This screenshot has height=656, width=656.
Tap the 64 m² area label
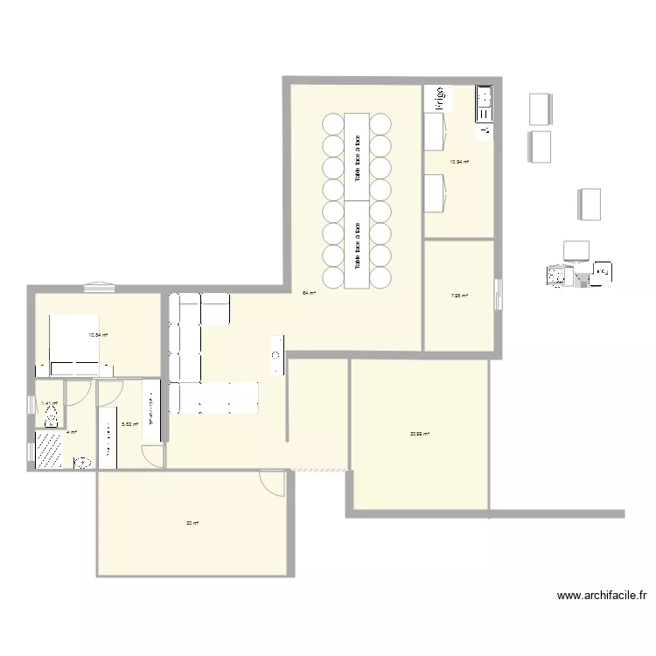[308, 293]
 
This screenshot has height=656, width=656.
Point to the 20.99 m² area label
[420, 433]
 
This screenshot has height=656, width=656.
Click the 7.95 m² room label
[459, 297]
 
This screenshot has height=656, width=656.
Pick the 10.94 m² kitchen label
[459, 162]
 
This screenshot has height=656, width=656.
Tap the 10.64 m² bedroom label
[97, 335]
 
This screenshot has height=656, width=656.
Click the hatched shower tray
[49, 450]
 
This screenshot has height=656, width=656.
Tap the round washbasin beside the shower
[84, 463]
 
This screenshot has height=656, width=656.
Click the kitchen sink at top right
[484, 104]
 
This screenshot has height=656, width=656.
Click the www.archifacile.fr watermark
[602, 597]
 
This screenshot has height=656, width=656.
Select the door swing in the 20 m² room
[273, 482]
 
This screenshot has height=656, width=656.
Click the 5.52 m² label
[129, 424]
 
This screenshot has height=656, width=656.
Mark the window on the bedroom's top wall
[97, 286]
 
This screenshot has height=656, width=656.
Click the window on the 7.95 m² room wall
[499, 293]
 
